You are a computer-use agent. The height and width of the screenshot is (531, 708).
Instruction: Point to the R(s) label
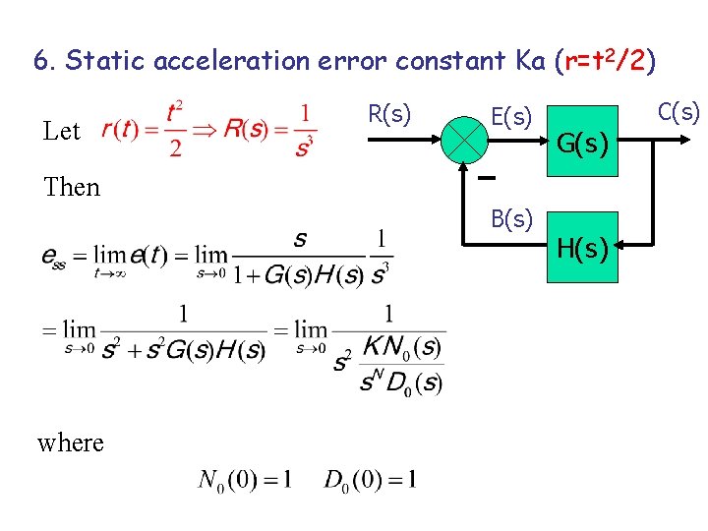(388, 114)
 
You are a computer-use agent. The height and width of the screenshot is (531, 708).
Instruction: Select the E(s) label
(511, 117)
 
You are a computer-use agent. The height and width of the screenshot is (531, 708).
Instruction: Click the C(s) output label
(678, 111)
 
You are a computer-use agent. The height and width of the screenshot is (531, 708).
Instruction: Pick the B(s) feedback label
(511, 217)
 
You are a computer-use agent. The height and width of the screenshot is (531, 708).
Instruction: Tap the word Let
(62, 131)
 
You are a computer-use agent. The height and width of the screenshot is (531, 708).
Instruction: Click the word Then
(72, 187)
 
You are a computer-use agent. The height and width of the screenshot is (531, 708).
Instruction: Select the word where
(71, 442)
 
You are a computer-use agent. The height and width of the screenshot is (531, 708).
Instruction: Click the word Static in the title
(102, 61)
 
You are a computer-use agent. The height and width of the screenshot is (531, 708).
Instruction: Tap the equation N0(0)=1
(245, 480)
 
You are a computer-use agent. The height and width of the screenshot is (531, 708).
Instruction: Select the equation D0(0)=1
(370, 480)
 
